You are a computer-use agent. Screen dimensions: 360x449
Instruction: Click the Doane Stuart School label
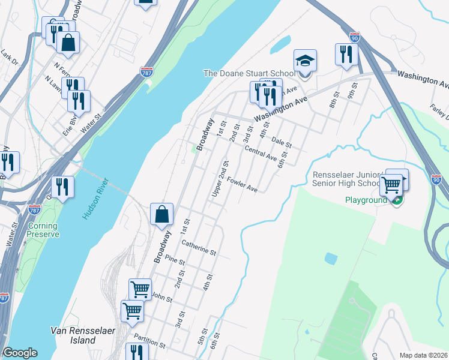[248, 73]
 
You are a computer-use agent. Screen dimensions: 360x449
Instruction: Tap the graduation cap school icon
[305, 61]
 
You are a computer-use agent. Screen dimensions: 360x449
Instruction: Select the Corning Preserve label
[43, 230]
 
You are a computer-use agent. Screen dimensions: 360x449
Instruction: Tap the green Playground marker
[397, 201]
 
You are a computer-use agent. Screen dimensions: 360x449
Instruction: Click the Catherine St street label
[198, 248]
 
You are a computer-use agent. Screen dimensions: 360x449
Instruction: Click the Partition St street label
[149, 342]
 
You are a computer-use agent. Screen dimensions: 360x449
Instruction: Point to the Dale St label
[281, 142]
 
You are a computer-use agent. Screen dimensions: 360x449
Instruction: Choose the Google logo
[20, 353]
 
